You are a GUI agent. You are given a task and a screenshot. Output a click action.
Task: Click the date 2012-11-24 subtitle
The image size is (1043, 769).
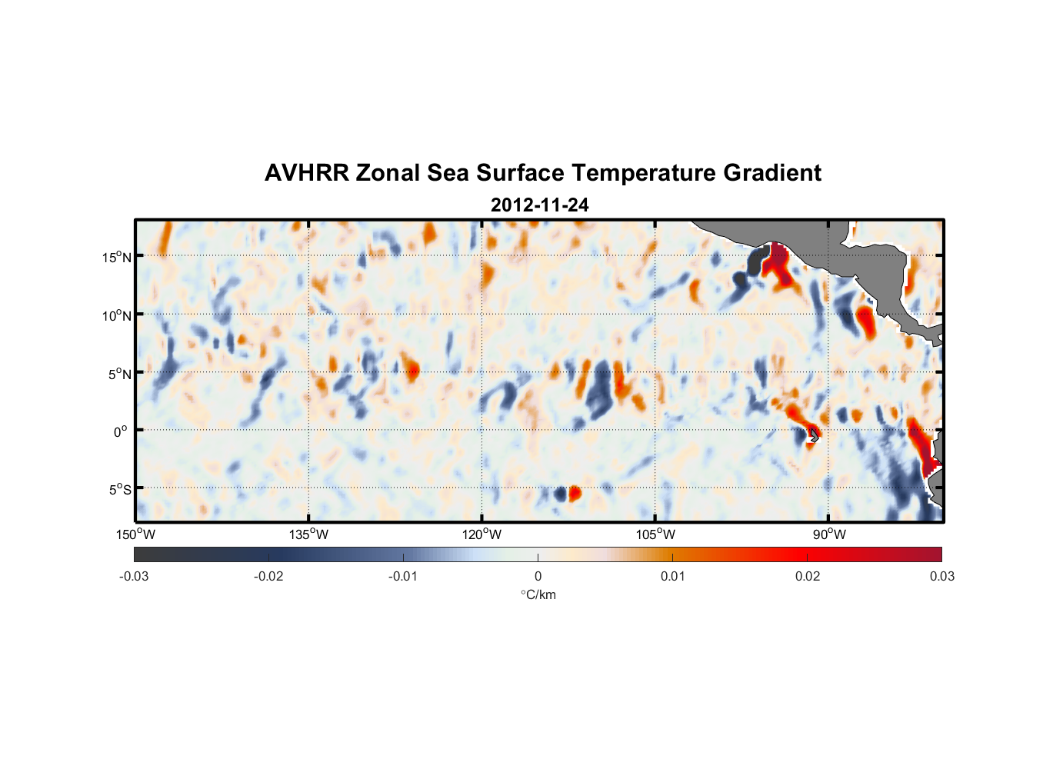(539, 205)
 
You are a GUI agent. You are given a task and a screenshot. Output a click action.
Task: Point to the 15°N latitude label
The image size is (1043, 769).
(117, 257)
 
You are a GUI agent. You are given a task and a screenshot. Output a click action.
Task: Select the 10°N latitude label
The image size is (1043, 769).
(117, 315)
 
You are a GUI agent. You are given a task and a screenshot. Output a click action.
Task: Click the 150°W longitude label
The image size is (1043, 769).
(136, 534)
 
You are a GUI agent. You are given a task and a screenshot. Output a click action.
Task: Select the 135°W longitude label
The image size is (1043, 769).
(309, 534)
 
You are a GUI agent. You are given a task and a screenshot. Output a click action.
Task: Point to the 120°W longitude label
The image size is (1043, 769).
(482, 534)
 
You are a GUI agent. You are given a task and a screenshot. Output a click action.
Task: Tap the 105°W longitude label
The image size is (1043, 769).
(655, 534)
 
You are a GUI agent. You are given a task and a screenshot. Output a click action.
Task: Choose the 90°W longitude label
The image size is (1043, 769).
(829, 534)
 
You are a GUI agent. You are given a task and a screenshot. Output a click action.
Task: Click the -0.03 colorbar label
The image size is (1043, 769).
(134, 576)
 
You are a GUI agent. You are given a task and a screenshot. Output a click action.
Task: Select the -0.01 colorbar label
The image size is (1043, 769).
(403, 576)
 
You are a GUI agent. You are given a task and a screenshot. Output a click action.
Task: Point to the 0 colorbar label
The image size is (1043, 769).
(538, 576)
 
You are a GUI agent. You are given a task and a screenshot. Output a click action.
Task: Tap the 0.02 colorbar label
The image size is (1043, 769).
(808, 576)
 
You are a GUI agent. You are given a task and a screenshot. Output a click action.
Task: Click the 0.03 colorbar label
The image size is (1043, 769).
(941, 576)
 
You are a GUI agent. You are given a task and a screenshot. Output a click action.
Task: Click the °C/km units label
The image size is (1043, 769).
(538, 594)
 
